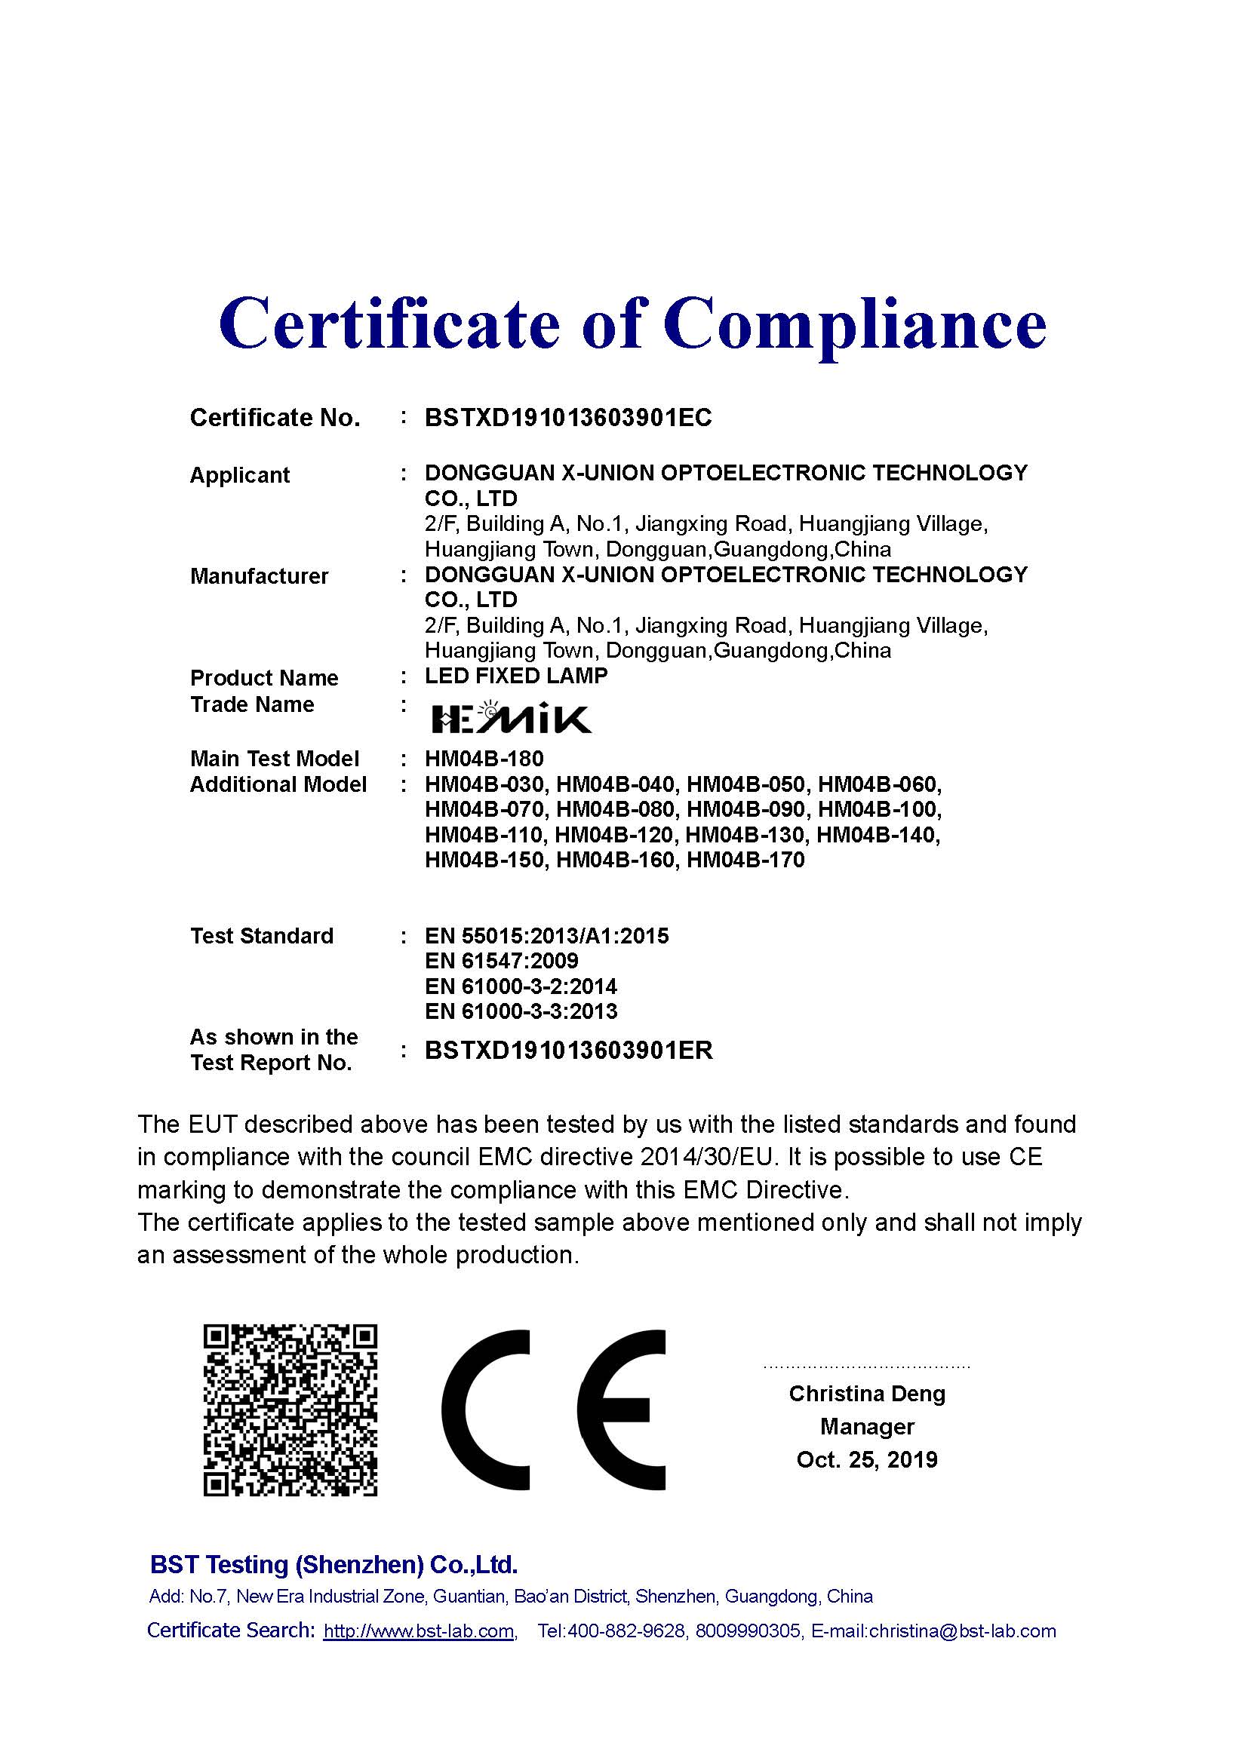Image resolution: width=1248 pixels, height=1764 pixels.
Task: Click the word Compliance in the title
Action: click(x=855, y=324)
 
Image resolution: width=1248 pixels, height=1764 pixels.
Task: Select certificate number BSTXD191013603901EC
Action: click(x=568, y=418)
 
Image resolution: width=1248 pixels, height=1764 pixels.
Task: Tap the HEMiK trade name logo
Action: click(x=511, y=716)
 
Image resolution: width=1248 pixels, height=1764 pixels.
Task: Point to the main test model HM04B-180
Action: click(x=484, y=759)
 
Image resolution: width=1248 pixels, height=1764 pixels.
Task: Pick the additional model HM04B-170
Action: click(x=745, y=860)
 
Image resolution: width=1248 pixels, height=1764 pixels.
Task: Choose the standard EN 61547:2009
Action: click(x=501, y=961)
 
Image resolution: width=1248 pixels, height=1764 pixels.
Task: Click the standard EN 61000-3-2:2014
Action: click(x=521, y=986)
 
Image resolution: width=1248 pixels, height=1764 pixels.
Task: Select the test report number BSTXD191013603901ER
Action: click(x=569, y=1051)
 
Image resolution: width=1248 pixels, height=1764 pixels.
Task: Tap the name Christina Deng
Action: click(x=867, y=1394)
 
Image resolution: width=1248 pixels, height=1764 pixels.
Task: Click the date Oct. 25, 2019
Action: click(x=867, y=1460)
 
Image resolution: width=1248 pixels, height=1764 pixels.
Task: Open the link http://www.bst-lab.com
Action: click(x=419, y=1631)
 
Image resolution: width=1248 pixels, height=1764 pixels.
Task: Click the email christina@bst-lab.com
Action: click(x=962, y=1631)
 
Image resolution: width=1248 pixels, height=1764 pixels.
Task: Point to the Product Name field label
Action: click(x=263, y=679)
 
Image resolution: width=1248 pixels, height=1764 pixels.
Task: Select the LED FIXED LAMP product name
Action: click(x=516, y=676)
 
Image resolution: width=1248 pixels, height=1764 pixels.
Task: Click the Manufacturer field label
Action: click(x=259, y=576)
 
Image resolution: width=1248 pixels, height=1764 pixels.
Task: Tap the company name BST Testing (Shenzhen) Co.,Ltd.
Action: click(x=334, y=1564)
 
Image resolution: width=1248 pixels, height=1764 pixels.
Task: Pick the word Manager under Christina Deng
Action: click(x=867, y=1427)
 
